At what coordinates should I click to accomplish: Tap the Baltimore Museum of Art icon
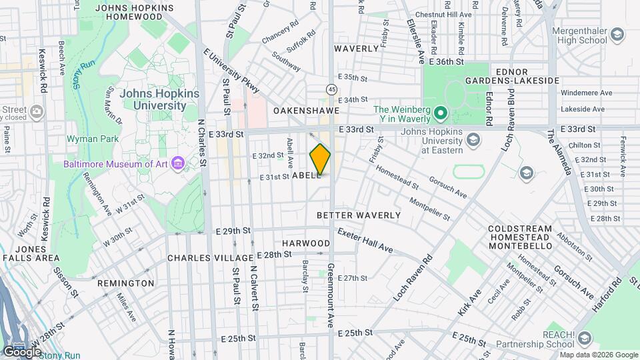coord(177,163)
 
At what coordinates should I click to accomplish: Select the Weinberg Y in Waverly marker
coord(439,111)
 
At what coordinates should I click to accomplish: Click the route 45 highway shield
coord(331,89)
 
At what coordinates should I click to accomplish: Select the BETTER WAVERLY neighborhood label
coord(359,215)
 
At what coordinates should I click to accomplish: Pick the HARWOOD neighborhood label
coord(306,243)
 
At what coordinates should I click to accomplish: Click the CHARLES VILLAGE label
coord(210,257)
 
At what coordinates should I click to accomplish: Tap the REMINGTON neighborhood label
coord(125,283)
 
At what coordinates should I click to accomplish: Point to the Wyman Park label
coord(92,139)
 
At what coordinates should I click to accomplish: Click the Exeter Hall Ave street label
coord(365,241)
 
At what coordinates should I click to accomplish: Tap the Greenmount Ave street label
coord(330,295)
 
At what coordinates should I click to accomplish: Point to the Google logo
coord(21,351)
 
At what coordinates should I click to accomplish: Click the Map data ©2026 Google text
coord(598,355)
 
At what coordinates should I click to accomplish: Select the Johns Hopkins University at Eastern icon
coord(473,139)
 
